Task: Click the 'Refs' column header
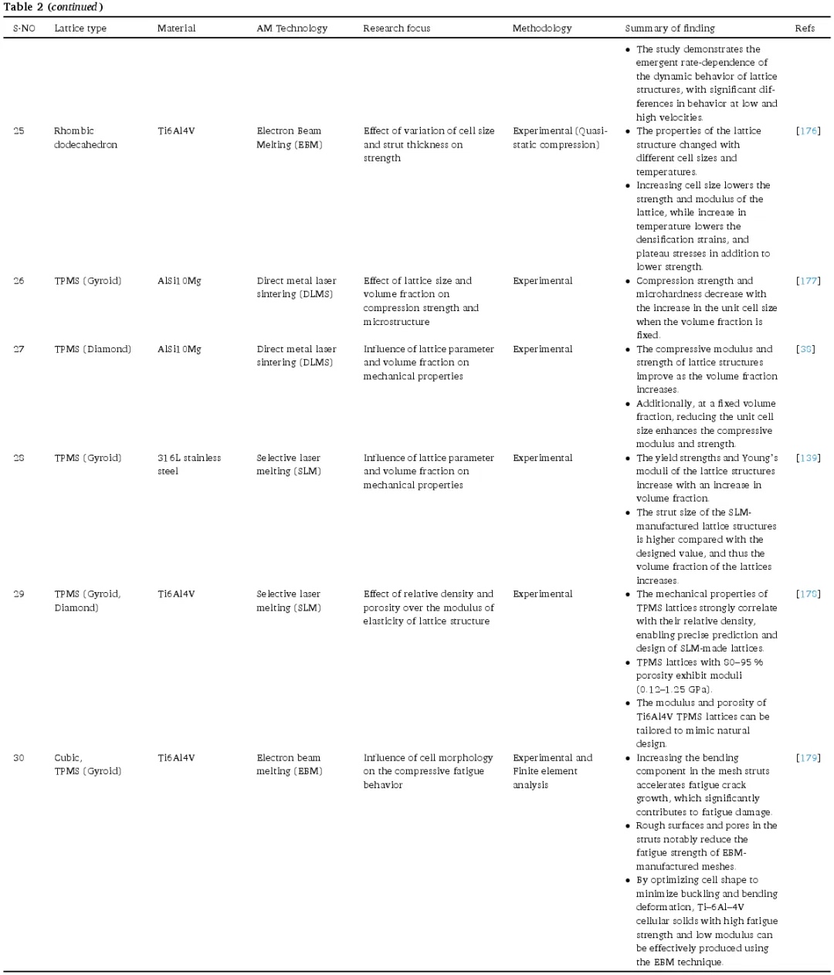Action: pos(805,29)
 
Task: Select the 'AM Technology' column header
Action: pos(292,29)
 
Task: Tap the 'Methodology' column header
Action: pos(542,29)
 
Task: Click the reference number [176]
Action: pos(808,131)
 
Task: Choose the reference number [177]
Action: pos(808,281)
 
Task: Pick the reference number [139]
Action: pos(808,458)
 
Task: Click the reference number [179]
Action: pos(808,758)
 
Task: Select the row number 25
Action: pos(19,131)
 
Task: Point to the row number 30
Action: pos(19,758)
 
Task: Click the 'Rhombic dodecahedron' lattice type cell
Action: pos(86,138)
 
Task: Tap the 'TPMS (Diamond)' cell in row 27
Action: pos(93,349)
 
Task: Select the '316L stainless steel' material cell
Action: pos(189,465)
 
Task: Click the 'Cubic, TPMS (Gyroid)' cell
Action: pos(87,764)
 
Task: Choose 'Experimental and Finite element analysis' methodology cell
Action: pos(552,771)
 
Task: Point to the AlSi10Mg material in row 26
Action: pos(179,281)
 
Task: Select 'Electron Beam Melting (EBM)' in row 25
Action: pos(290,138)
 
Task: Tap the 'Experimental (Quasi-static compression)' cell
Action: pos(560,138)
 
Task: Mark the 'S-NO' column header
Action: pos(24,29)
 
